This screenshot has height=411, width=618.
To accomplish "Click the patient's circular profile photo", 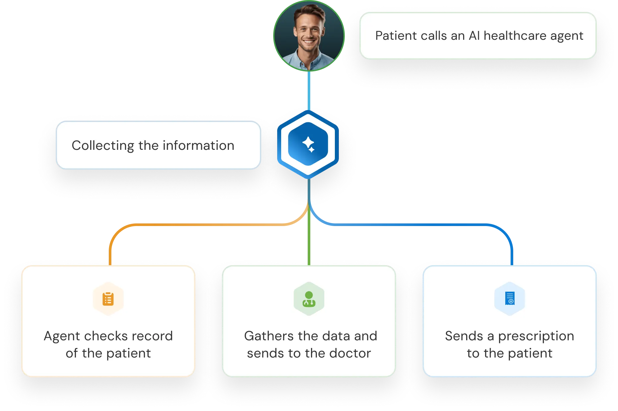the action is click(309, 35).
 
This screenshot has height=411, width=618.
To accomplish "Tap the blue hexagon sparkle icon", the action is click(308, 144).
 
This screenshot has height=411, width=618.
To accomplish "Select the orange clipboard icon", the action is click(108, 299).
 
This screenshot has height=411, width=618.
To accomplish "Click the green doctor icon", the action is click(309, 299).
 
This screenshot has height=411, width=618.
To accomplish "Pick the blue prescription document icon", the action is click(510, 298).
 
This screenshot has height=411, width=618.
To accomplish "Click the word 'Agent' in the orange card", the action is click(62, 336).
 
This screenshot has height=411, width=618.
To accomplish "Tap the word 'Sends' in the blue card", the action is click(464, 336).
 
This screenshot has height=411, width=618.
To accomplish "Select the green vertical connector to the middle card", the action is click(309, 232).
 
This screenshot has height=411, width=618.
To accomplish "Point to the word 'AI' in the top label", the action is click(474, 35).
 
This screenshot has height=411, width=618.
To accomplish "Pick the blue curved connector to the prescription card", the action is click(418, 225).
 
